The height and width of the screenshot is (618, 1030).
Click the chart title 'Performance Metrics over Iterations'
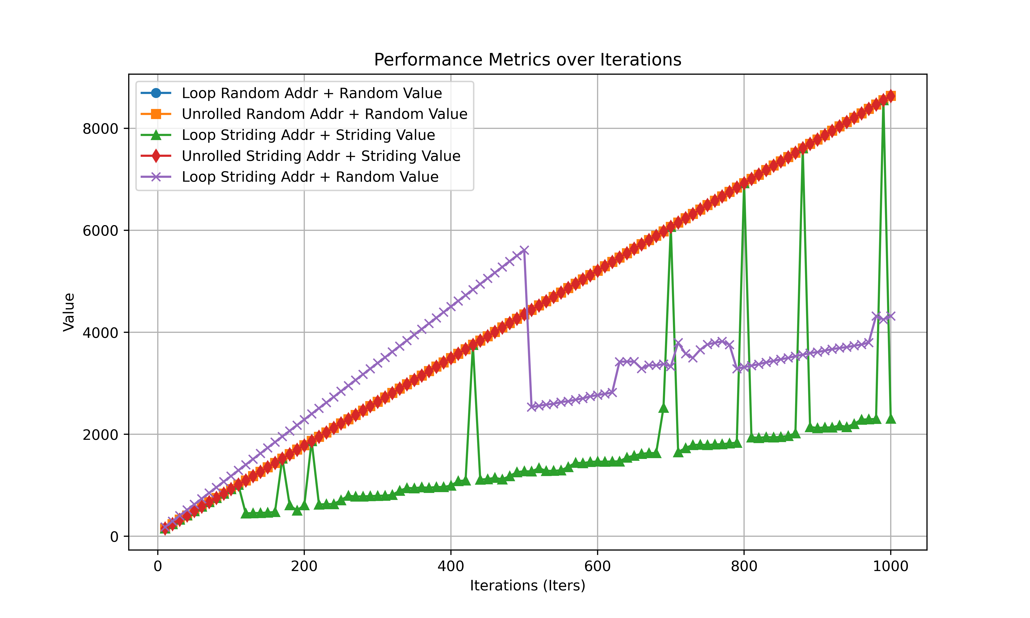(528, 60)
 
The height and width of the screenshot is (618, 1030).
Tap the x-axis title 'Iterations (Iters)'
(528, 585)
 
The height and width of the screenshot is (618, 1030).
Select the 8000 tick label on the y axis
(100, 129)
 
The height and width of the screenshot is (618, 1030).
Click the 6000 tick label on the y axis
(100, 231)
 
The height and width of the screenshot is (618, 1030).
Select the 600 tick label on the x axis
(597, 566)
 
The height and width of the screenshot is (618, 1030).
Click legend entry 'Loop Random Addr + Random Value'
(311, 93)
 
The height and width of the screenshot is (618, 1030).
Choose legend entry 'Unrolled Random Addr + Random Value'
(324, 114)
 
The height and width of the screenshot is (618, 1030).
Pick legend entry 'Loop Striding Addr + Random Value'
(310, 177)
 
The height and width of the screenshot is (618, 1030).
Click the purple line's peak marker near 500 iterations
(524, 250)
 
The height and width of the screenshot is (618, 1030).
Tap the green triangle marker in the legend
(156, 135)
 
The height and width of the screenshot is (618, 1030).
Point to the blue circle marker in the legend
(156, 93)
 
